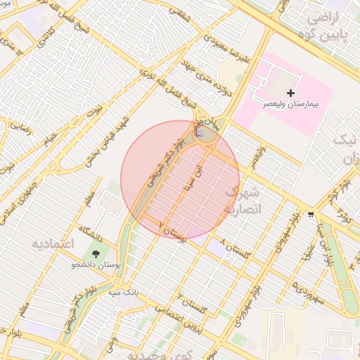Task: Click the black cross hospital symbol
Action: pyautogui.click(x=290, y=93)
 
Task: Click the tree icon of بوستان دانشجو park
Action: pyautogui.click(x=95, y=252)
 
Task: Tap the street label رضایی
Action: pyautogui.click(x=19, y=127)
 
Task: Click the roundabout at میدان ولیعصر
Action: pyautogui.click(x=206, y=134)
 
